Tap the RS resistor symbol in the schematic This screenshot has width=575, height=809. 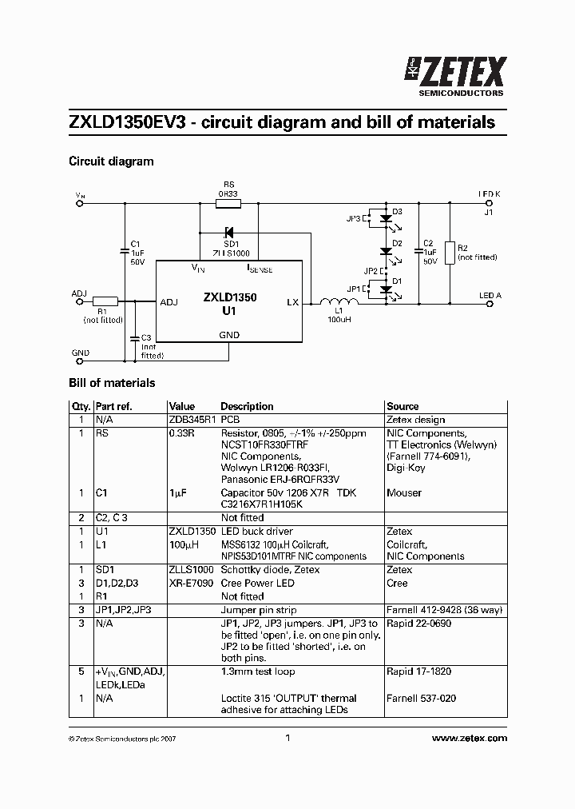tap(228, 204)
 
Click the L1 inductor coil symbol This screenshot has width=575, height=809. tap(333, 302)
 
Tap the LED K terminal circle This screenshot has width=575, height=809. tap(489, 204)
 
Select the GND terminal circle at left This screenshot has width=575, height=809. tap(80, 362)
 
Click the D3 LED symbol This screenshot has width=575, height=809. tap(386, 217)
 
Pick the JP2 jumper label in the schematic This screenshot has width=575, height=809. tap(369, 270)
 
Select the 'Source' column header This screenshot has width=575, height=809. tap(402, 406)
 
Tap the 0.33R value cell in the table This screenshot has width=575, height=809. tap(180, 432)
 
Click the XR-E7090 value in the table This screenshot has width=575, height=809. tap(190, 583)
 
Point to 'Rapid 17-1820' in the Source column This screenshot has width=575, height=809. tap(418, 672)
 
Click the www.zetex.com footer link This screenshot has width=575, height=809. tap(469, 739)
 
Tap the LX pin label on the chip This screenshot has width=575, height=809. tap(292, 302)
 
